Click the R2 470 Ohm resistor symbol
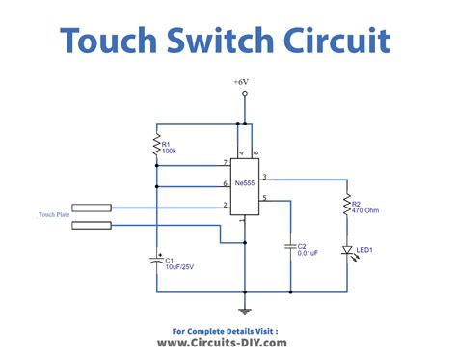click(x=345, y=206)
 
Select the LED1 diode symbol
click(x=345, y=251)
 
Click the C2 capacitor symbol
click(x=289, y=247)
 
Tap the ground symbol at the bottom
click(x=245, y=309)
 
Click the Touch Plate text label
click(x=54, y=215)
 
